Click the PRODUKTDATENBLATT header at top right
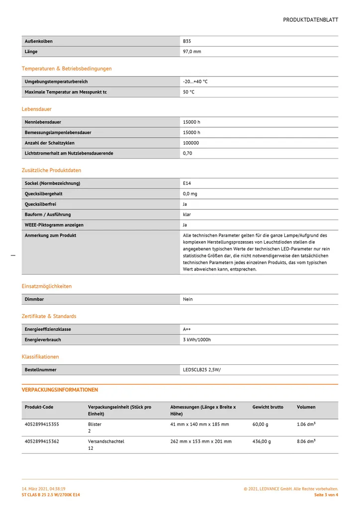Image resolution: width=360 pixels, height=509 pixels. [x=310, y=20]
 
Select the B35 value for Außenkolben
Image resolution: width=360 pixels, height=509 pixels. [x=187, y=41]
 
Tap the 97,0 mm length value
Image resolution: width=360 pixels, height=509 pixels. [x=192, y=52]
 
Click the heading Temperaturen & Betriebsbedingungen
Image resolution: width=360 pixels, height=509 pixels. [x=67, y=69]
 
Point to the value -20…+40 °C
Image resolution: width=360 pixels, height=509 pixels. [x=195, y=82]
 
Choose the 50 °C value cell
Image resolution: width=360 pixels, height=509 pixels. [x=188, y=92]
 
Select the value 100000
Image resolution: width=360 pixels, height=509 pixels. [x=191, y=143]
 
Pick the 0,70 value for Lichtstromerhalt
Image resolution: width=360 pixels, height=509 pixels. [x=187, y=154]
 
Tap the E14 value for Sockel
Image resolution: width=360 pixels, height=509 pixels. [x=187, y=183]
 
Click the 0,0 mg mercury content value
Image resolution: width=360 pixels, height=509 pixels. [x=190, y=194]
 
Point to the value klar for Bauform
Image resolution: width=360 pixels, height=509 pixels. [x=187, y=215]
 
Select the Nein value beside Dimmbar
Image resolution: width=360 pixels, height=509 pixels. [x=188, y=299]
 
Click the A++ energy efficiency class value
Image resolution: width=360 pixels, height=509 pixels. [x=187, y=330]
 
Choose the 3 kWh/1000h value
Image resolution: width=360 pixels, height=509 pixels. [x=197, y=340]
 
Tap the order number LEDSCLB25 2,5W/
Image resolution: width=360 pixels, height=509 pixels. [x=202, y=370]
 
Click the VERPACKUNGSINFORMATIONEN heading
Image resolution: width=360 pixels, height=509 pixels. [x=60, y=390]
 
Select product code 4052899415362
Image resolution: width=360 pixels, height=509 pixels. [x=42, y=441]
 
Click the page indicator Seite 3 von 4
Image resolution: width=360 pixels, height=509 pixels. [x=326, y=495]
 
